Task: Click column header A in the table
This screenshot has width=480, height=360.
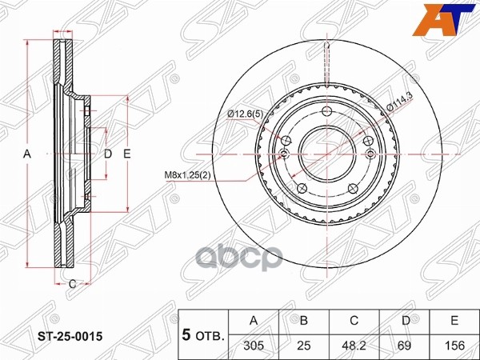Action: [254, 322]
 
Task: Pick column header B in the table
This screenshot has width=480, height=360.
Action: [303, 322]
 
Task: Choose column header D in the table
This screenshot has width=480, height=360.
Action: [405, 322]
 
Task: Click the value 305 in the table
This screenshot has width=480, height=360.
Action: [254, 347]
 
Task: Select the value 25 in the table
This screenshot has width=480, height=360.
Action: [303, 347]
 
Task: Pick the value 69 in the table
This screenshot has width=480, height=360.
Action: [405, 347]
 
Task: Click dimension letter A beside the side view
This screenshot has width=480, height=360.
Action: [26, 153]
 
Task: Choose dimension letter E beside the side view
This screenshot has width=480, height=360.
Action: [126, 153]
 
